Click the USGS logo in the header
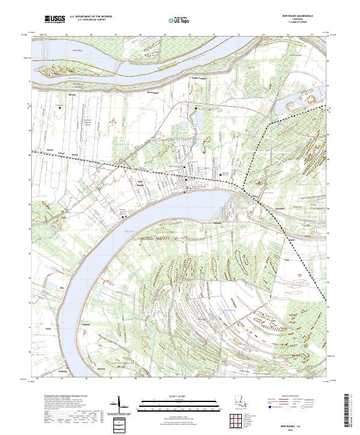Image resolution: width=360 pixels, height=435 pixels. click(55, 20)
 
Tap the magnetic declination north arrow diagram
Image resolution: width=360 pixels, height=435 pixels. click(119, 409)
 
